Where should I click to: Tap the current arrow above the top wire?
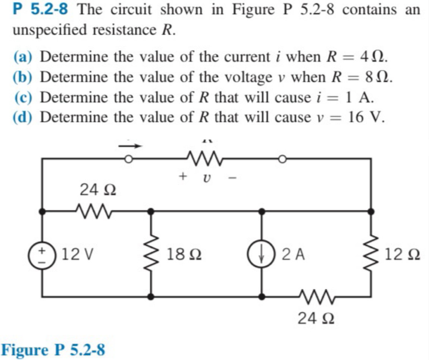[x=131, y=146]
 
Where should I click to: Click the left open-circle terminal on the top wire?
[x=128, y=160]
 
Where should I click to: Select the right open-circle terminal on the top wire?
[x=282, y=160]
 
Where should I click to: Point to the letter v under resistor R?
[x=206, y=179]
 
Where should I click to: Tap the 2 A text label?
[x=293, y=255]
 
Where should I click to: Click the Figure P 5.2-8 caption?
[x=54, y=350]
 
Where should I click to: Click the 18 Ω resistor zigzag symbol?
[x=151, y=255]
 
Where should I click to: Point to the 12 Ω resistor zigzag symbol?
[x=371, y=255]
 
